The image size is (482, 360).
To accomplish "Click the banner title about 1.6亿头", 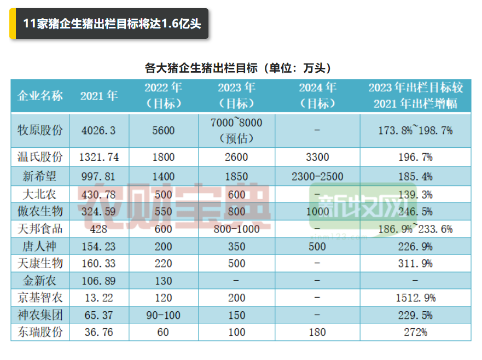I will point(112,24).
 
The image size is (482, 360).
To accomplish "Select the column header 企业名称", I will point(40,96).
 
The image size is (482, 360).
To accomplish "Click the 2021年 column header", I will point(99,96).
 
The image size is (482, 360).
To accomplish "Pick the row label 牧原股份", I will point(40,130).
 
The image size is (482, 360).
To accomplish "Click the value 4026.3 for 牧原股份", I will point(99,130).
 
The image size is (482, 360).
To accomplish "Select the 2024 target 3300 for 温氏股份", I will point(317,157).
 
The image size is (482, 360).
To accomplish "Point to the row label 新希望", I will point(40,176).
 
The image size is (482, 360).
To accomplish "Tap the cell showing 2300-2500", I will point(317,176).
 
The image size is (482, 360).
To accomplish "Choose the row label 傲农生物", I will point(40,211).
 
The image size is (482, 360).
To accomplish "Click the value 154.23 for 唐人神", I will point(99,246).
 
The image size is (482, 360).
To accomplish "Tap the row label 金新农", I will point(40,281).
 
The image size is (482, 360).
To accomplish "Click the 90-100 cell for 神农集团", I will point(163,316).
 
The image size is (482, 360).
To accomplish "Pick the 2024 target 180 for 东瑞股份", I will point(317,332).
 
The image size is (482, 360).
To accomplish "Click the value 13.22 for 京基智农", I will point(99,298).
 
